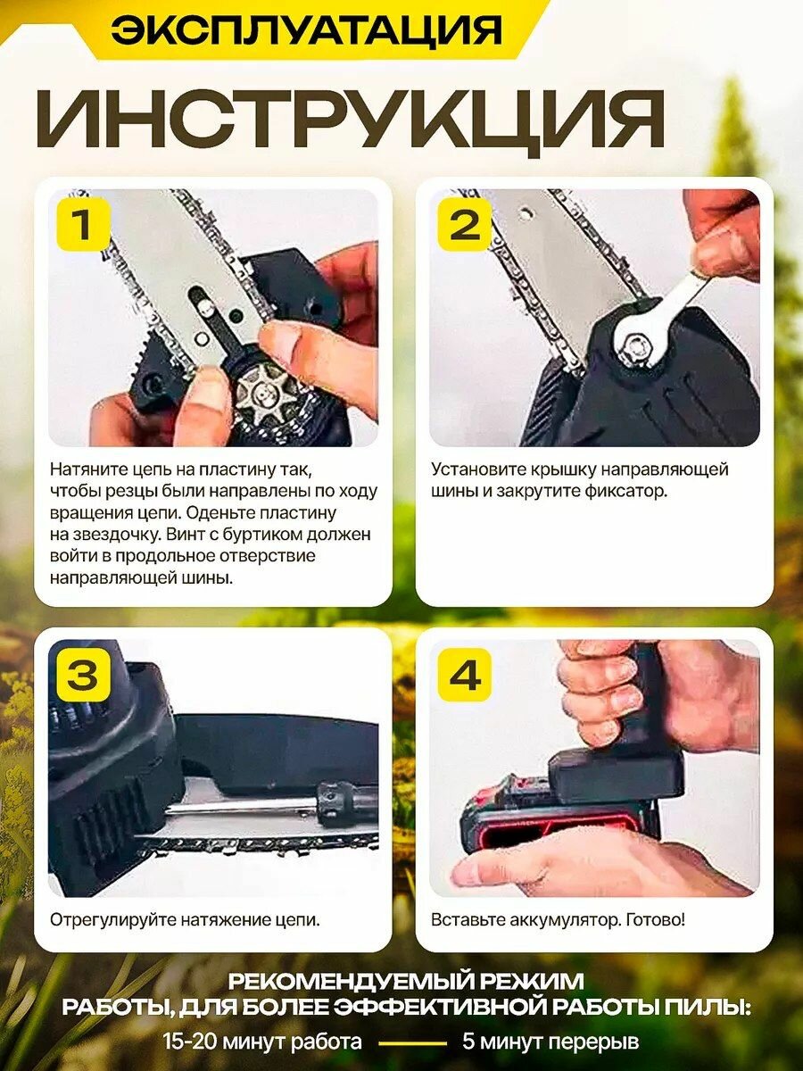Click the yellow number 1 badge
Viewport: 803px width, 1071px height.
pyautogui.click(x=83, y=224)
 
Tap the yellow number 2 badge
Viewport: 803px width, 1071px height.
pyautogui.click(x=465, y=224)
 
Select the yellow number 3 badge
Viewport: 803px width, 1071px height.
pyautogui.click(x=83, y=675)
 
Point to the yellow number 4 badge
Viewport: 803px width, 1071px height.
pyautogui.click(x=465, y=675)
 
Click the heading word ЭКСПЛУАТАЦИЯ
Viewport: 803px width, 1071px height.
pyautogui.click(x=305, y=29)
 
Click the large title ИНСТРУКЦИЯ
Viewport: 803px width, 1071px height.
pyautogui.click(x=351, y=120)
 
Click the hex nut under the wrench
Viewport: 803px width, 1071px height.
pyautogui.click(x=636, y=347)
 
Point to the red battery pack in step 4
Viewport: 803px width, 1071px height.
pyautogui.click(x=560, y=818)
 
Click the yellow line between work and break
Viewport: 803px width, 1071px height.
pyautogui.click(x=413, y=1042)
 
